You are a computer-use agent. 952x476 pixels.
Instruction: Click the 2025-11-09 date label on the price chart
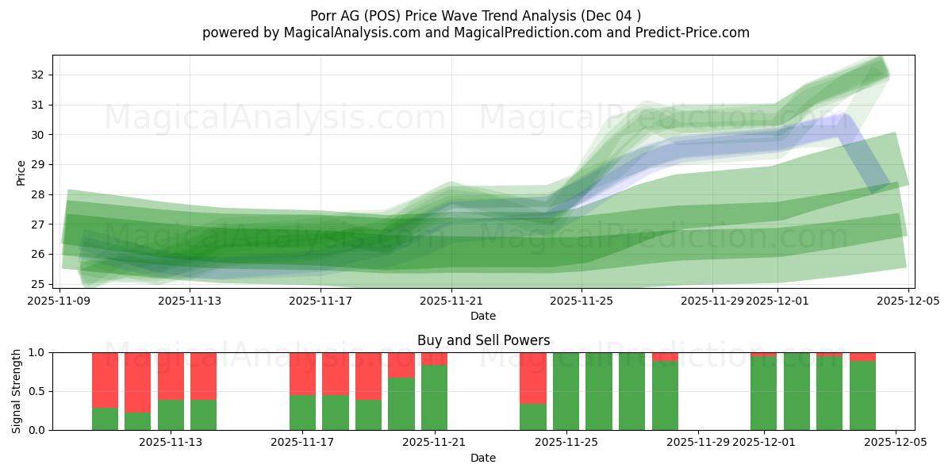pyautogui.click(x=59, y=301)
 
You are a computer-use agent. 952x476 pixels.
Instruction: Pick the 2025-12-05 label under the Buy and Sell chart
pyautogui.click(x=896, y=443)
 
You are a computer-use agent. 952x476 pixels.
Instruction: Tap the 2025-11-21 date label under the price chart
pyautogui.click(x=451, y=301)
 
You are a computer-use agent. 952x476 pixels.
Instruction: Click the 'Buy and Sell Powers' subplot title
pyautogui.click(x=483, y=340)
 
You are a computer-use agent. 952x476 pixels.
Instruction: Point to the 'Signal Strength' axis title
pyautogui.click(x=17, y=391)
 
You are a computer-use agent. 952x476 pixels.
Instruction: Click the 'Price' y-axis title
pyautogui.click(x=21, y=172)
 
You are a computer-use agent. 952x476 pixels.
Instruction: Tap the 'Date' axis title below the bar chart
pyautogui.click(x=483, y=458)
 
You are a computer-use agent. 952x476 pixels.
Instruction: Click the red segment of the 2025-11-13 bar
pyautogui.click(x=171, y=375)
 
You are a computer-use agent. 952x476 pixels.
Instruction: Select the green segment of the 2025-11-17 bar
pyautogui.click(x=302, y=413)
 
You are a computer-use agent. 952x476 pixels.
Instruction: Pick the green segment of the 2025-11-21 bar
pyautogui.click(x=434, y=397)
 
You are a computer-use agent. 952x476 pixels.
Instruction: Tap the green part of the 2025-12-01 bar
pyautogui.click(x=763, y=393)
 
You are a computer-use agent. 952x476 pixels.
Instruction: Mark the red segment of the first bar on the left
pyautogui.click(x=105, y=380)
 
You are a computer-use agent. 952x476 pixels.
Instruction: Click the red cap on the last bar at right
pyautogui.click(x=862, y=356)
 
